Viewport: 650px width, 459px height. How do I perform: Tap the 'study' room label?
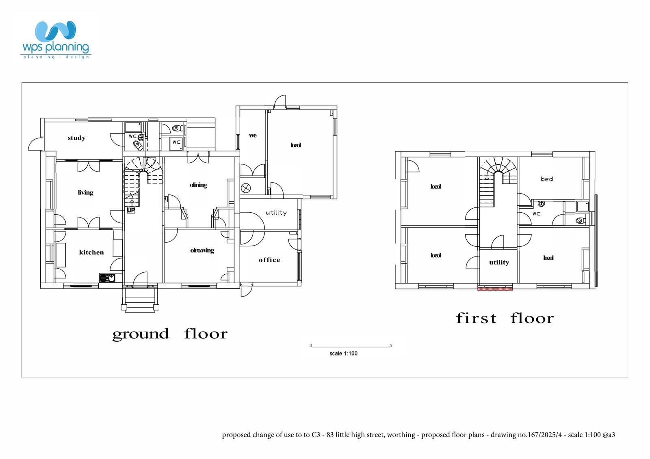pyautogui.click(x=76, y=138)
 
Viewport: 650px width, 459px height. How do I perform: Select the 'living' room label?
pyautogui.click(x=85, y=192)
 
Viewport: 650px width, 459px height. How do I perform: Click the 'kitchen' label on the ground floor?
pyautogui.click(x=91, y=252)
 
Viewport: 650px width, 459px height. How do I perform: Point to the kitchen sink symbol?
pyautogui.click(x=107, y=278)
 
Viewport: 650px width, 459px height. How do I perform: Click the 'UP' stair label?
pyautogui.click(x=131, y=210)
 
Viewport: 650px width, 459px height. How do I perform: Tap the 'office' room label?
pyautogui.click(x=269, y=260)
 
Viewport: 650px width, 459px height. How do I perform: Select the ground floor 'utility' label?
pyautogui.click(x=276, y=213)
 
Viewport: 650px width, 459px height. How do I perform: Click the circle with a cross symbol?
pyautogui.click(x=246, y=188)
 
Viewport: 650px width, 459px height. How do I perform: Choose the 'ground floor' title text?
pyautogui.click(x=170, y=334)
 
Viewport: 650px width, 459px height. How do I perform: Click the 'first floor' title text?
pyautogui.click(x=505, y=318)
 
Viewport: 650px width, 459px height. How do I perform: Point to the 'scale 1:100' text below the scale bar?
pyautogui.click(x=343, y=353)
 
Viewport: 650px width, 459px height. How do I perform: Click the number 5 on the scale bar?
pyautogui.click(x=391, y=346)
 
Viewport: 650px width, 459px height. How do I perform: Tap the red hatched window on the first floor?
pyautogui.click(x=495, y=289)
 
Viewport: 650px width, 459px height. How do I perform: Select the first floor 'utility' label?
pyautogui.click(x=499, y=263)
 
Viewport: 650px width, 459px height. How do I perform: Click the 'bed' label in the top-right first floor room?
pyautogui.click(x=546, y=179)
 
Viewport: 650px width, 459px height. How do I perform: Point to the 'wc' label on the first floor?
pyautogui.click(x=536, y=214)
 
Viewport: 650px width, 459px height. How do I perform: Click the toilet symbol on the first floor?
pyautogui.click(x=580, y=221)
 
